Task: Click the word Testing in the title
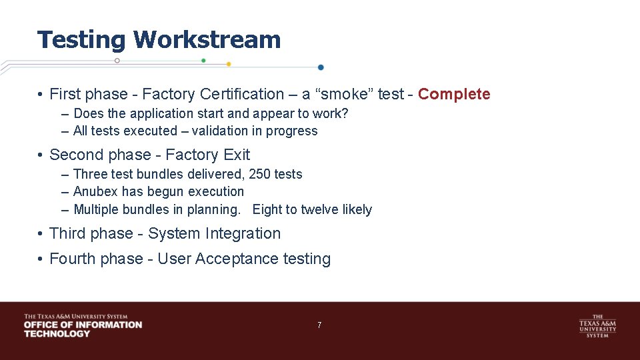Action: pos(81,40)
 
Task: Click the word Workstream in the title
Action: pos(207,40)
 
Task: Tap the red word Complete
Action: pos(454,94)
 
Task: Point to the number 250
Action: pos(260,174)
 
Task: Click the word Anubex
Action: pos(95,191)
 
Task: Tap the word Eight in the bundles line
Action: pos(267,209)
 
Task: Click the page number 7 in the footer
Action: pos(319,325)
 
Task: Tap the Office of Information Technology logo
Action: pos(83,325)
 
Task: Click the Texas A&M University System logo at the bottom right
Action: pos(597,326)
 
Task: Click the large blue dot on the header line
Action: pos(321,67)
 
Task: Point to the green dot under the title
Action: pos(203,60)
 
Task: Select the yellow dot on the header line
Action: pos(229,64)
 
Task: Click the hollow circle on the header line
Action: pos(117,60)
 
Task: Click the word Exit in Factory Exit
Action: pos(237,155)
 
